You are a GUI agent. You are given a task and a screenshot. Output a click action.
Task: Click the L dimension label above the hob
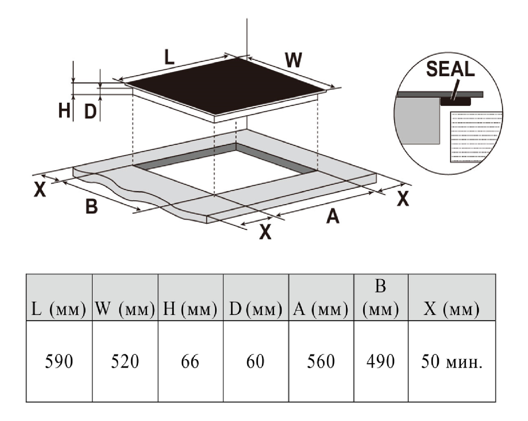(169, 57)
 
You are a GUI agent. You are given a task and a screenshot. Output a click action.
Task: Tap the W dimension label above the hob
(293, 60)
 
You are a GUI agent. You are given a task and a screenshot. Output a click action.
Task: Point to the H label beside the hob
(64, 111)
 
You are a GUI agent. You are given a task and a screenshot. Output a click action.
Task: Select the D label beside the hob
(90, 111)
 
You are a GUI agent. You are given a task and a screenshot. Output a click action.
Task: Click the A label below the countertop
(332, 217)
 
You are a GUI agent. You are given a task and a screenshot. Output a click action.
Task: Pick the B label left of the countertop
(91, 206)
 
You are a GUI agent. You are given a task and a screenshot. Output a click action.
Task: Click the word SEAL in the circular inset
(450, 69)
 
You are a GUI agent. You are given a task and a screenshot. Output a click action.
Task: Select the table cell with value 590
(59, 361)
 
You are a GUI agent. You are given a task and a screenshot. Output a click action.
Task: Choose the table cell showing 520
(125, 361)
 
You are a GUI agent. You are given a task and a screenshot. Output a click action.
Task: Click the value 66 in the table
(190, 361)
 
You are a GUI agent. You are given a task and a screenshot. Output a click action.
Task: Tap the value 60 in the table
(255, 361)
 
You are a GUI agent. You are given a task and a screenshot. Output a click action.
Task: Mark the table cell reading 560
(321, 361)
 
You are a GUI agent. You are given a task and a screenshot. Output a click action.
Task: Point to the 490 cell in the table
(380, 361)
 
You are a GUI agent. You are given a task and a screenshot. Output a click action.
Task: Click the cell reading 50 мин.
(452, 361)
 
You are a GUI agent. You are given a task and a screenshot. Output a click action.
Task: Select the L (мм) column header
(59, 309)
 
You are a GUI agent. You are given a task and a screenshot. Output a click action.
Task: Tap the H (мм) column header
(190, 309)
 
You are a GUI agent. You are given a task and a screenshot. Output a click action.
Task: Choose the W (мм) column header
(125, 309)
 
